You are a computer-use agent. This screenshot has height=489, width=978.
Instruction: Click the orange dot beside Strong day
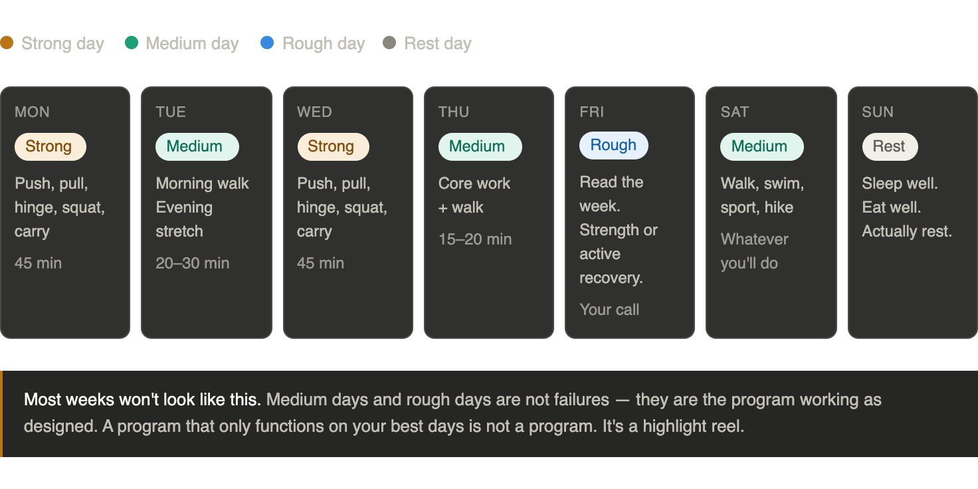(7, 43)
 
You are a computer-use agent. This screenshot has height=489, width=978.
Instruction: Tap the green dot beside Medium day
(132, 43)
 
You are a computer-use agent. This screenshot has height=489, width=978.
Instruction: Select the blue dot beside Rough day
(267, 43)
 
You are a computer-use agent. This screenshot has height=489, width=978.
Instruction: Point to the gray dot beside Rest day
(389, 43)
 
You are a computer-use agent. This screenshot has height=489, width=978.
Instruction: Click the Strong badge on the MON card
(50, 147)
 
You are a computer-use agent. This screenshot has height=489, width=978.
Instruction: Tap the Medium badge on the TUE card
(197, 147)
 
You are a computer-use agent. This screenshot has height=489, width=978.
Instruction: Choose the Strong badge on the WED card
(333, 147)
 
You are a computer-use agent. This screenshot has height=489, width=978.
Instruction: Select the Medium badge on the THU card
(480, 147)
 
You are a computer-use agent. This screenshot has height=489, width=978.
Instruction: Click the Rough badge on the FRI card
(614, 146)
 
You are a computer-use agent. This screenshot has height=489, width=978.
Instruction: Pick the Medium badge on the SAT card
(762, 147)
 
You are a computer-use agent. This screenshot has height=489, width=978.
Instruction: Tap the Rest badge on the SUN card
(890, 147)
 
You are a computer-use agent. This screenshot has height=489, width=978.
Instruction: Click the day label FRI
(591, 112)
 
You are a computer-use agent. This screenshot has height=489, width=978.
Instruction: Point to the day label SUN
(878, 112)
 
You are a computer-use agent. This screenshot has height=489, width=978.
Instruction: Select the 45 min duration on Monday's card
(38, 263)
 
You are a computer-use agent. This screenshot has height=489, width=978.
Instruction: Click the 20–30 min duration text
(193, 263)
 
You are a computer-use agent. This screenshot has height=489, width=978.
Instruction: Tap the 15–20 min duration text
(475, 239)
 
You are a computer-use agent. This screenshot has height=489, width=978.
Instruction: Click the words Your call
(609, 310)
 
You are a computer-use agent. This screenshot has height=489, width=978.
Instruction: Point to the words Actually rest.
(907, 231)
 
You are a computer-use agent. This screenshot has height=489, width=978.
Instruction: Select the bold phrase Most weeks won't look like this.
(142, 400)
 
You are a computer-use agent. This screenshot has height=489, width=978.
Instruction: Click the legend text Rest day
(438, 44)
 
